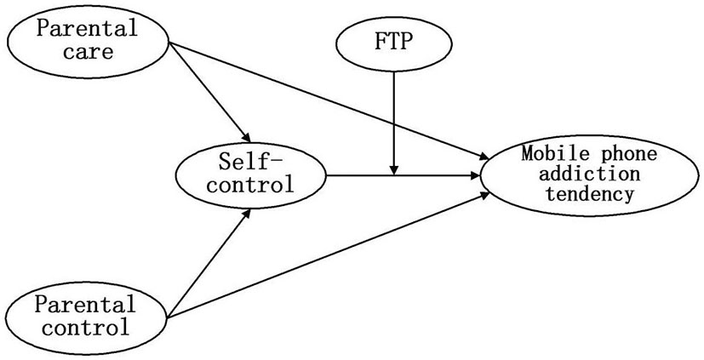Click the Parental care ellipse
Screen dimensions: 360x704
pyautogui.click(x=87, y=40)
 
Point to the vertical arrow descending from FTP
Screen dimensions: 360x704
pyautogui.click(x=392, y=119)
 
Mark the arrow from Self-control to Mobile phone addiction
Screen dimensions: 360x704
pyautogui.click(x=400, y=176)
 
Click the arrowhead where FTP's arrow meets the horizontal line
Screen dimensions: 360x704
pyautogui.click(x=392, y=170)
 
